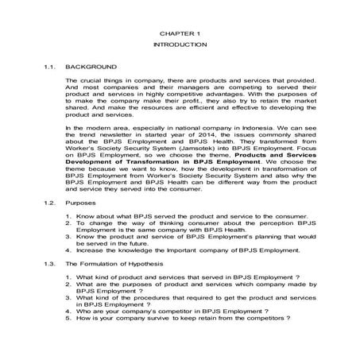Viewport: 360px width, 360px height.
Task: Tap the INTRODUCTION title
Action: click(x=180, y=45)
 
